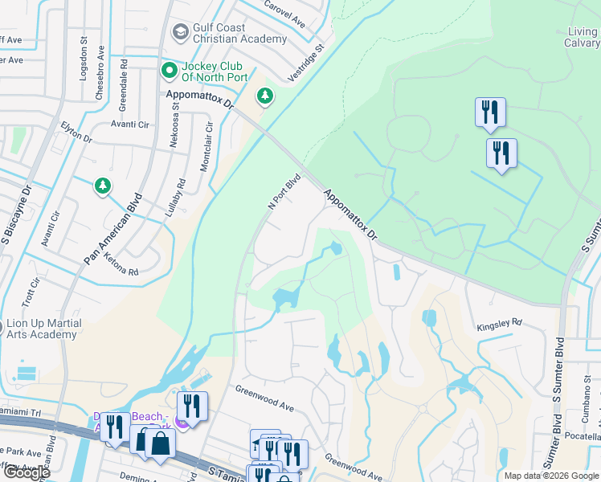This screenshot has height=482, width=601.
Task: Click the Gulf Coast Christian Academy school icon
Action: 180,32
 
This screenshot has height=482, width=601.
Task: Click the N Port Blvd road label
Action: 284,192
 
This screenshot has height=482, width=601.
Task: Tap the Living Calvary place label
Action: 583,38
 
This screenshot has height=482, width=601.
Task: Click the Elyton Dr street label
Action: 76,133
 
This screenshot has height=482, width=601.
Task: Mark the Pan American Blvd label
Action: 112,230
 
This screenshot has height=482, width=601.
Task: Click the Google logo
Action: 27,472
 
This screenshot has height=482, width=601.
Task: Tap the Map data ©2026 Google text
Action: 551,476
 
